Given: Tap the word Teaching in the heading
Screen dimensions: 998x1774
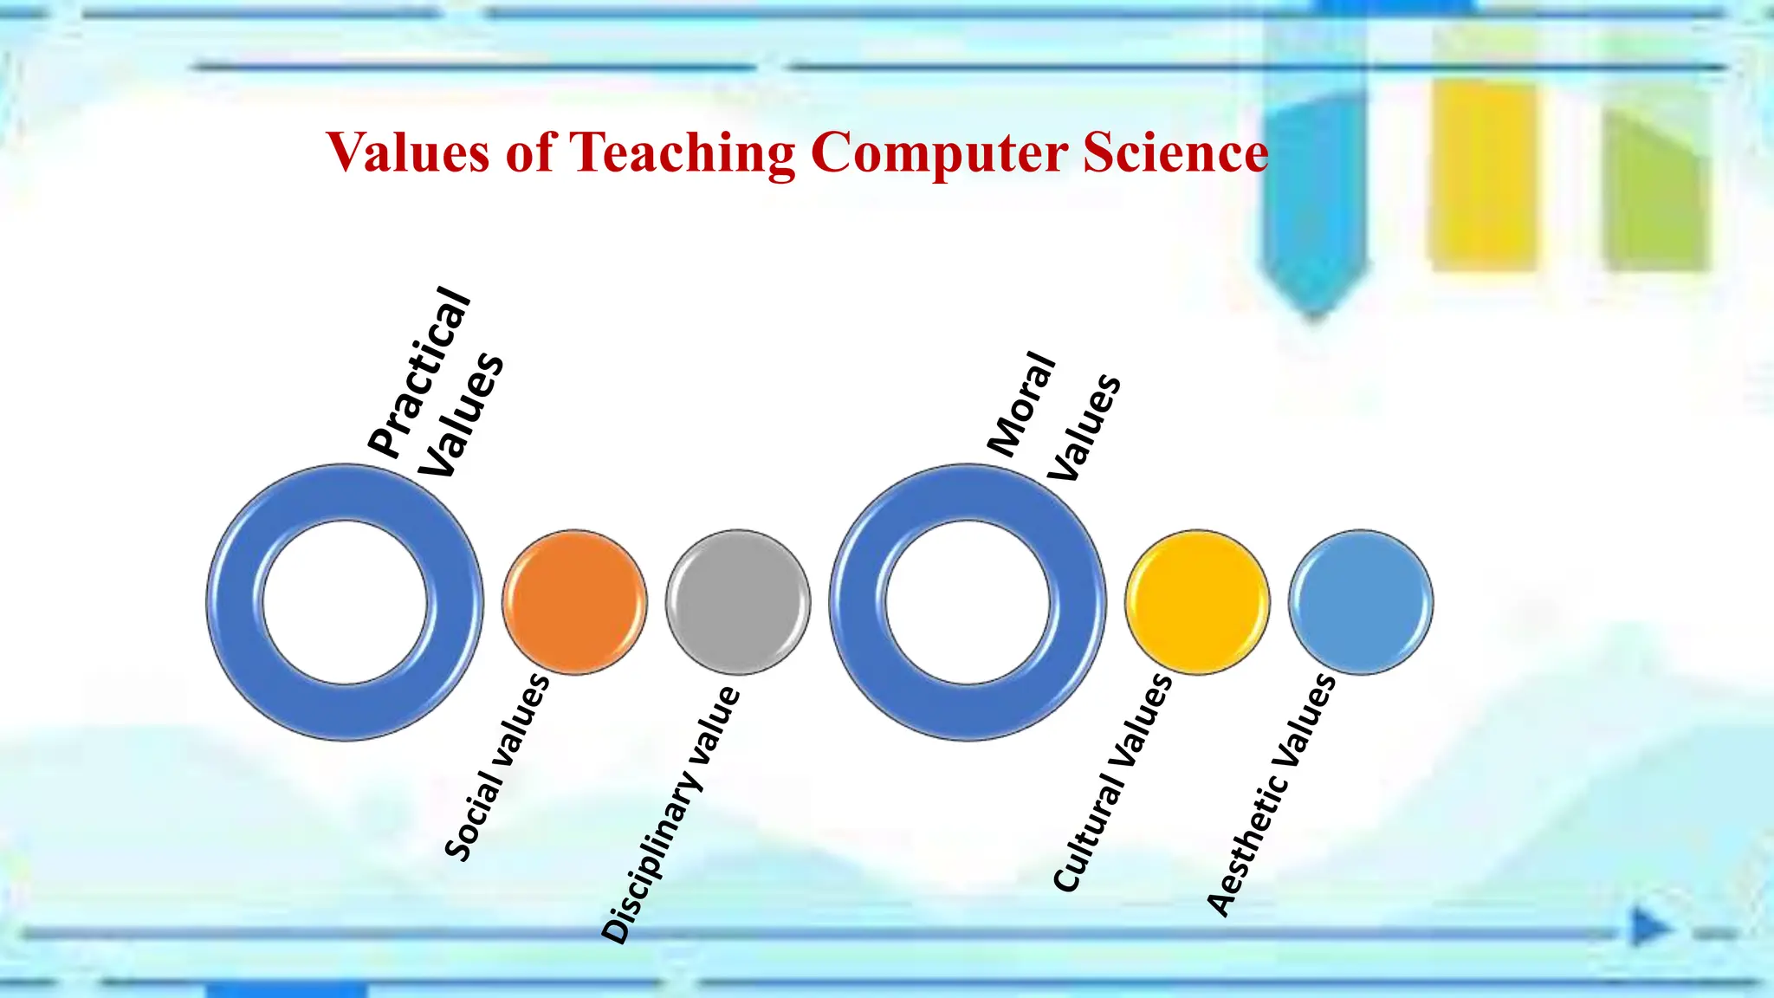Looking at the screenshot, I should tap(682, 153).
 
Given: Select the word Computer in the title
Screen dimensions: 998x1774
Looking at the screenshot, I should tap(940, 153).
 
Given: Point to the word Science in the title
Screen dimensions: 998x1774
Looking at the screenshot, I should tap(1175, 152).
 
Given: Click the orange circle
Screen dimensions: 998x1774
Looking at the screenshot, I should tap(574, 602).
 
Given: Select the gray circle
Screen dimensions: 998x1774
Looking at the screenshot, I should tap(738, 602).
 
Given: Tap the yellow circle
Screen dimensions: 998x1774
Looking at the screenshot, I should tap(1197, 602).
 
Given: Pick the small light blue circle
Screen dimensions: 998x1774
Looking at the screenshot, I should tap(1361, 602).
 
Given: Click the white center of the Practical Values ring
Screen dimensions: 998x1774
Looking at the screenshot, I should tap(345, 602).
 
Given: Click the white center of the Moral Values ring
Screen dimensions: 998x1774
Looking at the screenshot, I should tap(968, 602).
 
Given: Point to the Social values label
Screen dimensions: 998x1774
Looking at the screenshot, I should tap(497, 767).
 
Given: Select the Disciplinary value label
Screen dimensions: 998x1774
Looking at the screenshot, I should tap(671, 814).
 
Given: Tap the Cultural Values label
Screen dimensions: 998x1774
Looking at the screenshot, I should tap(1113, 782).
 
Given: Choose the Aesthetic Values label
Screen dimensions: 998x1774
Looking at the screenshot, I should tap(1272, 794).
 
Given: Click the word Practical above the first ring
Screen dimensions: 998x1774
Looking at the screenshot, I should tap(419, 373).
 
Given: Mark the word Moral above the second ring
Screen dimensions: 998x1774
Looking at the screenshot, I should tap(1022, 405).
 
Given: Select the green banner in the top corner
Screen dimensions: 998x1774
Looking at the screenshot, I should tap(1656, 186).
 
